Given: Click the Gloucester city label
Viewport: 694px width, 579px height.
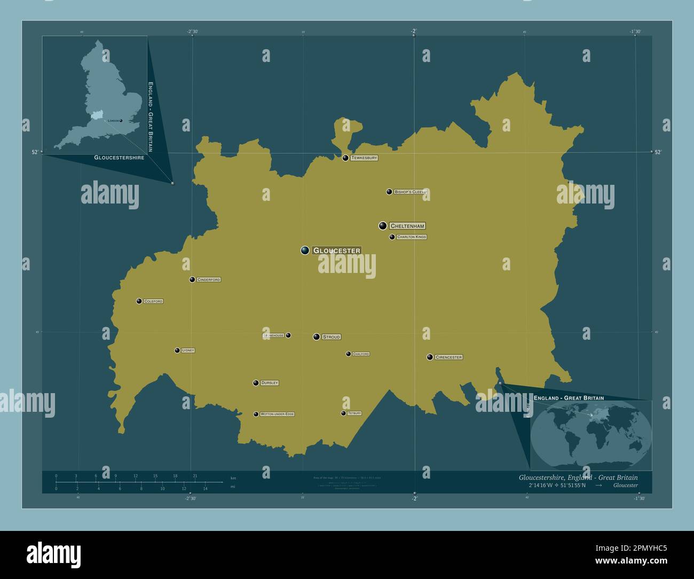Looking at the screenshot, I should (336, 251).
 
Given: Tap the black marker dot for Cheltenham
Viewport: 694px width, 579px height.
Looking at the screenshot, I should (383, 226).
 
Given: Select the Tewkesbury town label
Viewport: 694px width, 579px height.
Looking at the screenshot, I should (364, 158).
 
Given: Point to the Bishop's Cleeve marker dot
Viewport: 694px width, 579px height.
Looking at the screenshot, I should (389, 192).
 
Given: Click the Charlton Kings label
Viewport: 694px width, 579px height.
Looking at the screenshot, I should (411, 237).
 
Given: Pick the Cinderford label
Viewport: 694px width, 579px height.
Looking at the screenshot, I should (208, 280).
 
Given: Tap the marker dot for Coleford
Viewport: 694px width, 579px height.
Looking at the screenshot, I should (139, 301).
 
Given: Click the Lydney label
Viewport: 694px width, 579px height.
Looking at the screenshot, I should (187, 350).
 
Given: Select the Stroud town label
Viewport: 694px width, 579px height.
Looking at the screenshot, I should (331, 337).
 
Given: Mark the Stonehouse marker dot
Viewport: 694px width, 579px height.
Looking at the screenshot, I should (288, 335).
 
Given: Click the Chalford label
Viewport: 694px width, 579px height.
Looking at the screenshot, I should (361, 354).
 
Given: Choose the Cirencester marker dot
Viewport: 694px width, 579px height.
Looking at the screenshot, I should (430, 357).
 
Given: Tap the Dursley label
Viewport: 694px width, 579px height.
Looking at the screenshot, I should (269, 383).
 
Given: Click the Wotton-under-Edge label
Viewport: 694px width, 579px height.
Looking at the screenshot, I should (277, 414).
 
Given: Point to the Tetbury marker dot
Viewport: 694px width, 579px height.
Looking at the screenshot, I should (343, 413).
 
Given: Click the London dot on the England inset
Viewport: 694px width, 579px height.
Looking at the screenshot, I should (121, 121).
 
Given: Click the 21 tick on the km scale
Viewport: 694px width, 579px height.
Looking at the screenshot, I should (195, 476).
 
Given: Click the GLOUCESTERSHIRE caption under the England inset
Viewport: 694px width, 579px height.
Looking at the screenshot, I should (119, 158).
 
